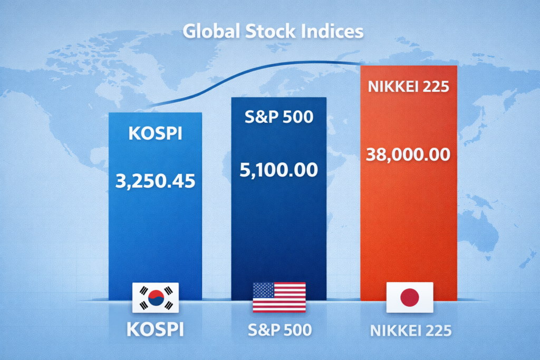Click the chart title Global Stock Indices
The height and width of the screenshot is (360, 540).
273,31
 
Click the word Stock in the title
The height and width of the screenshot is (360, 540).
271,31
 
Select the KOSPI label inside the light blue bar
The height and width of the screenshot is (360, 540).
156,133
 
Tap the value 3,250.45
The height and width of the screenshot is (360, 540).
156,181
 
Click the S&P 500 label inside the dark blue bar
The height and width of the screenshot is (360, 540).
279,117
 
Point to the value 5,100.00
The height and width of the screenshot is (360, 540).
278,170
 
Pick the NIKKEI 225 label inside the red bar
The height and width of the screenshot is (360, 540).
409,86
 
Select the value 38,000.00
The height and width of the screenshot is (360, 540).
408,154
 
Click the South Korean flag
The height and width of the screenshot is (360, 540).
156,298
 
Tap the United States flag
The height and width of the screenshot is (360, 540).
279,297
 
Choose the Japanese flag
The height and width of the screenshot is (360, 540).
410,297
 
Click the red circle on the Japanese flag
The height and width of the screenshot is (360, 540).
410,297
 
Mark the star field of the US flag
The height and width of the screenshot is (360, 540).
264,290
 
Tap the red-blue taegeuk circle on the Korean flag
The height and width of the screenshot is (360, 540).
156,298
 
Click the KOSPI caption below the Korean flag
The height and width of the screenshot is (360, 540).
156,329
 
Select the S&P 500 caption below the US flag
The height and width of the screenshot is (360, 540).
279,330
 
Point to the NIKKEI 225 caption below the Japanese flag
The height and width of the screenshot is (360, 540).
410,330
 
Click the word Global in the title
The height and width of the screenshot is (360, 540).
211,31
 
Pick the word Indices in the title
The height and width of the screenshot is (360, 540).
332,31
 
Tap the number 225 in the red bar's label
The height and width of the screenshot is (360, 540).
436,86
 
